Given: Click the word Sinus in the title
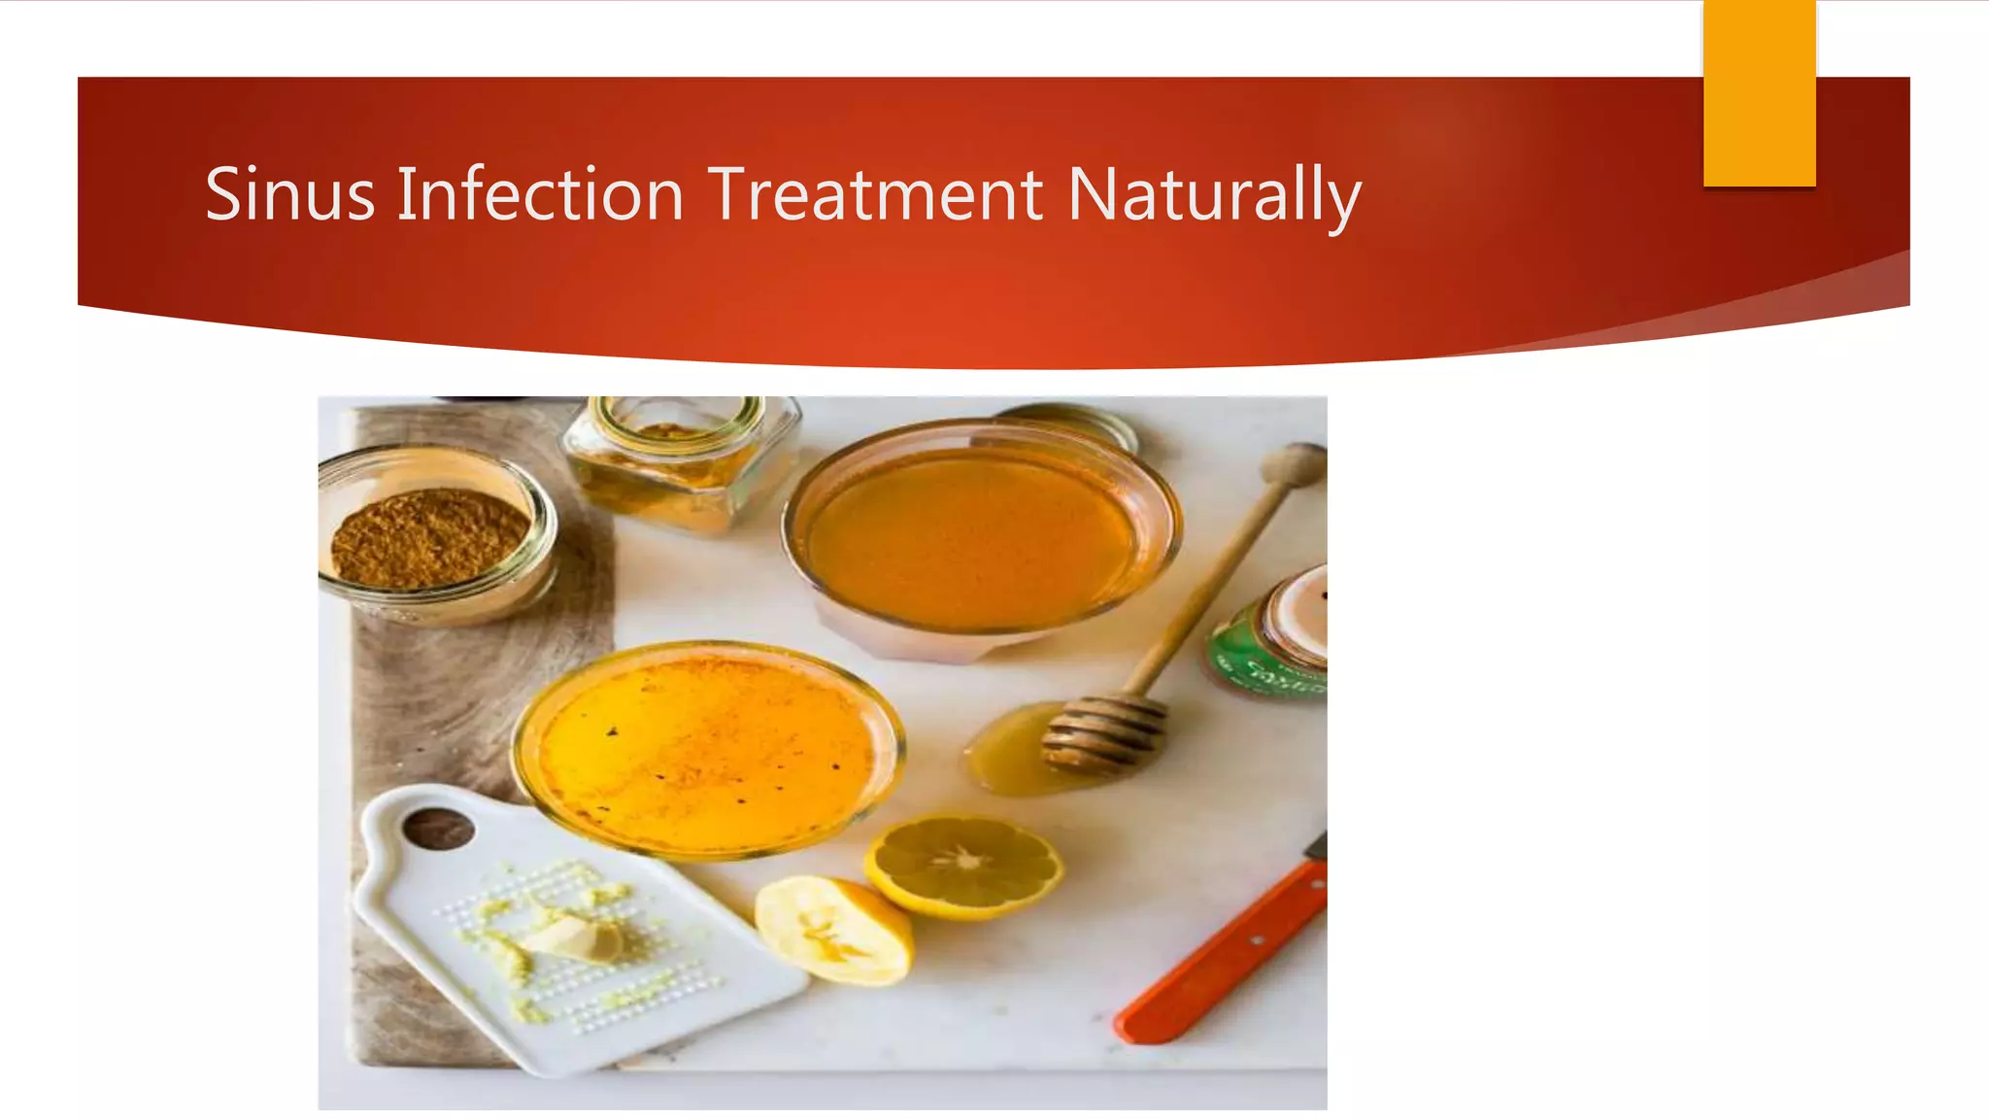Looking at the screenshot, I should tap(289, 194).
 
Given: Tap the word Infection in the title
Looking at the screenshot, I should tap(540, 194).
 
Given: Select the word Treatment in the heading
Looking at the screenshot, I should tap(875, 194).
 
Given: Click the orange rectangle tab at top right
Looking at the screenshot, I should tap(1759, 92).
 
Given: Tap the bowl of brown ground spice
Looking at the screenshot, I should tap(430, 537).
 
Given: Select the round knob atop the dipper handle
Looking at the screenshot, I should tap(1294, 464).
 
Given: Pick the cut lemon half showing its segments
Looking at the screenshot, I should tap(964, 865).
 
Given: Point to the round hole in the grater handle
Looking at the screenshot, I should tap(438, 829).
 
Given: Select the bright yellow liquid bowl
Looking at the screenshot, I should tap(707, 748).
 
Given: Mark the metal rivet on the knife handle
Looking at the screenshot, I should tap(1256, 940).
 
